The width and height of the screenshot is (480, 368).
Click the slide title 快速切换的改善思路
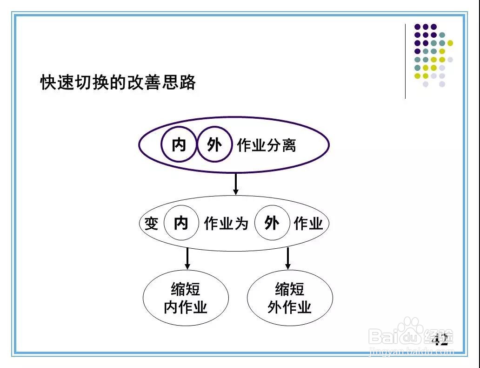(118, 82)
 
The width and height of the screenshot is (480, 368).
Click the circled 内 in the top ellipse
(179, 145)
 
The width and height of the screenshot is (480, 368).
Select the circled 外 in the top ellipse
(214, 145)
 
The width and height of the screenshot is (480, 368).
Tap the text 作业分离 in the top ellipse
(267, 145)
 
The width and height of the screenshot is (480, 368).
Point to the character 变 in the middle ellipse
(151, 224)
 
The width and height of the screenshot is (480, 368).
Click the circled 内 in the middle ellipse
(181, 223)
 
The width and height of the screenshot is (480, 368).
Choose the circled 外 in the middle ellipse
(272, 223)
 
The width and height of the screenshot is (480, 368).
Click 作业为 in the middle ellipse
(226, 224)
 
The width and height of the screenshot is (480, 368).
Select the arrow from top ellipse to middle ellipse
(236, 184)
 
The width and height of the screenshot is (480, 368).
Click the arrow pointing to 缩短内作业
(187, 259)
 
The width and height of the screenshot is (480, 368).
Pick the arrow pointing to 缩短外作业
(288, 259)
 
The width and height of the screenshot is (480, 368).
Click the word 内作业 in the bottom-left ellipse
(186, 307)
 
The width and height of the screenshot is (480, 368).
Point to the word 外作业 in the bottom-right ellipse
(289, 307)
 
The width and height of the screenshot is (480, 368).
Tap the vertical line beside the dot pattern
(406, 61)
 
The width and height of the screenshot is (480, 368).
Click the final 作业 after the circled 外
(308, 224)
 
